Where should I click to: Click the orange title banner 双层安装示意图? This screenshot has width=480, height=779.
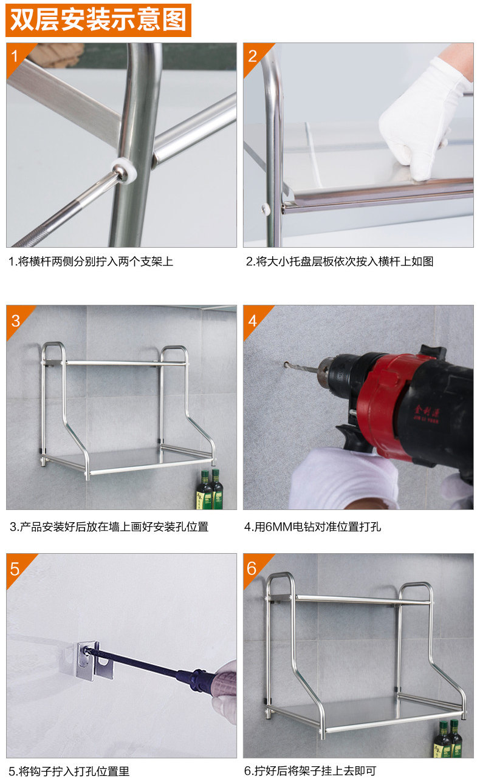[98, 20]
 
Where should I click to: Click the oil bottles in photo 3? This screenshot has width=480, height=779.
[209, 489]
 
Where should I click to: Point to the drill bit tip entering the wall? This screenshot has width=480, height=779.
[286, 365]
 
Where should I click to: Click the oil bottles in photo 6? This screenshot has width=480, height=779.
[448, 739]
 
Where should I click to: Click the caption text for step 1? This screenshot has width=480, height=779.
[91, 261]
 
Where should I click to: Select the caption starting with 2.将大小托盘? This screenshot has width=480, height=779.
[340, 261]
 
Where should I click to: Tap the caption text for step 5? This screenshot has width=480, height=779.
[69, 771]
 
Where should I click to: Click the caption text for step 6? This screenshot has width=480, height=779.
[310, 770]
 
